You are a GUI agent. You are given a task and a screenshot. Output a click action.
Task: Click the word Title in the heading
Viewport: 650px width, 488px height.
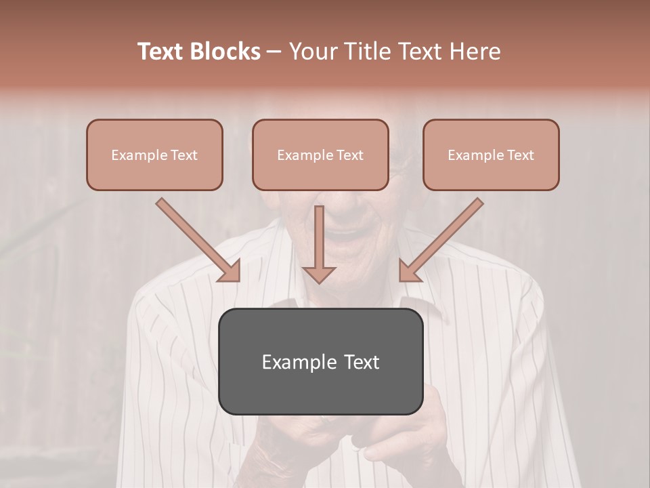click(x=365, y=52)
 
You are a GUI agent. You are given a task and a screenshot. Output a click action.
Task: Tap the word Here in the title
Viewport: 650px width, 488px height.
click(x=472, y=52)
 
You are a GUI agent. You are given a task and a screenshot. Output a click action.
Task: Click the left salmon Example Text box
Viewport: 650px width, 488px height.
click(x=154, y=155)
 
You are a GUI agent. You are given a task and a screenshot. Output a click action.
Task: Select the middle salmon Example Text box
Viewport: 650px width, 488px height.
click(x=320, y=155)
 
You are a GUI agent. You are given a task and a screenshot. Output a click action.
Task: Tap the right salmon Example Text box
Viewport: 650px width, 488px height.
click(x=491, y=155)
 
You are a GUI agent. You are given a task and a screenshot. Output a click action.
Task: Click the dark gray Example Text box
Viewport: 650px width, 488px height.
click(x=320, y=361)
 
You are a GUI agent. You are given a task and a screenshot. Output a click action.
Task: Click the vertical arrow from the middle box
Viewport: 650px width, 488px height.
click(x=319, y=241)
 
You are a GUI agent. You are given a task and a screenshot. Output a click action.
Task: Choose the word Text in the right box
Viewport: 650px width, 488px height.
click(x=520, y=155)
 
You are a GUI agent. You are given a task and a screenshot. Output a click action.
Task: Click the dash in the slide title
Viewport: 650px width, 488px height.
click(x=274, y=52)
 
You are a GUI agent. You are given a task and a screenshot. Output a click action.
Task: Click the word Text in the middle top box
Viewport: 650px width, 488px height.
click(x=349, y=155)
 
